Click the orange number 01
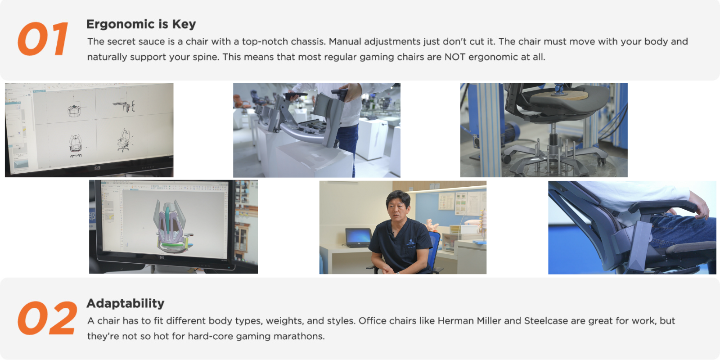pos(43,39)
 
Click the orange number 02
pos(48,318)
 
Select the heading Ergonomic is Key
pos(141,24)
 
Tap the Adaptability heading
pos(126,303)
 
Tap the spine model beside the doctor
pos(482,225)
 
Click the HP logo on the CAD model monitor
pos(162,258)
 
